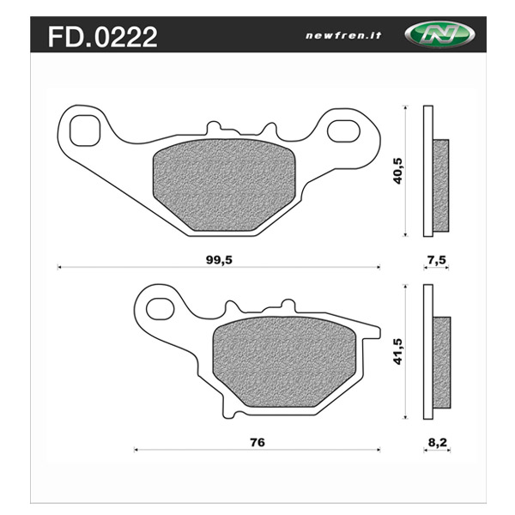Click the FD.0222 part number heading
click(103, 37)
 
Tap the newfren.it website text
click(343, 35)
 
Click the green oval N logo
click(439, 33)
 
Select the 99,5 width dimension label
click(219, 260)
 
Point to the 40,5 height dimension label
click(398, 171)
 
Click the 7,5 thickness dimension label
click(437, 260)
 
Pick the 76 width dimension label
click(257, 442)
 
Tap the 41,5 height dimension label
click(398, 351)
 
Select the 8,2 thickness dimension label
click(438, 442)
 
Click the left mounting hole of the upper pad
click(85, 130)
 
